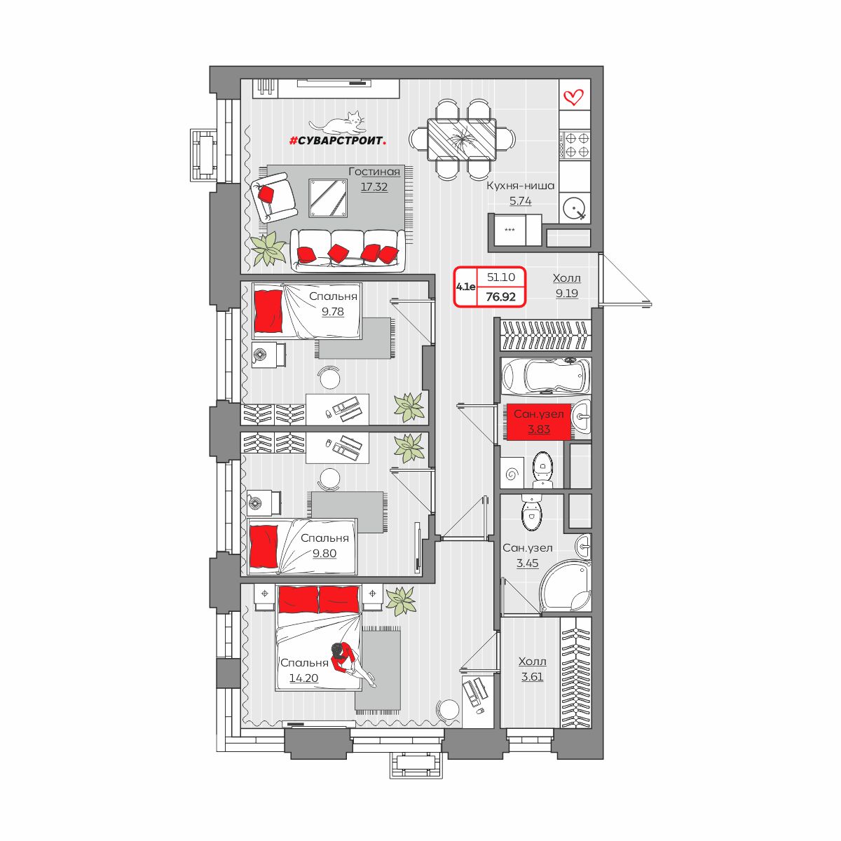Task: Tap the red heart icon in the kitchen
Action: click(573, 97)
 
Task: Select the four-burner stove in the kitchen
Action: click(575, 145)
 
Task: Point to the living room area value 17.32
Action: click(374, 187)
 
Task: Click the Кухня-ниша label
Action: click(520, 186)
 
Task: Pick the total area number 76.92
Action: click(500, 296)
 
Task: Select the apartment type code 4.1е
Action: click(465, 287)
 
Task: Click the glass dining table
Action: click(462, 139)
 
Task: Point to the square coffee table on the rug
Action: click(328, 198)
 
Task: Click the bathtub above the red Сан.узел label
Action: click(545, 376)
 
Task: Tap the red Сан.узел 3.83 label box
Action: click(538, 422)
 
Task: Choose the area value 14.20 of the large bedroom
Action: click(303, 678)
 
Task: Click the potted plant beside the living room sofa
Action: click(267, 247)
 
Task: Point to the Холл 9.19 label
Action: click(566, 285)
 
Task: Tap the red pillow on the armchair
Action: click(266, 193)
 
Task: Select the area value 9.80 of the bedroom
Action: click(324, 553)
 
